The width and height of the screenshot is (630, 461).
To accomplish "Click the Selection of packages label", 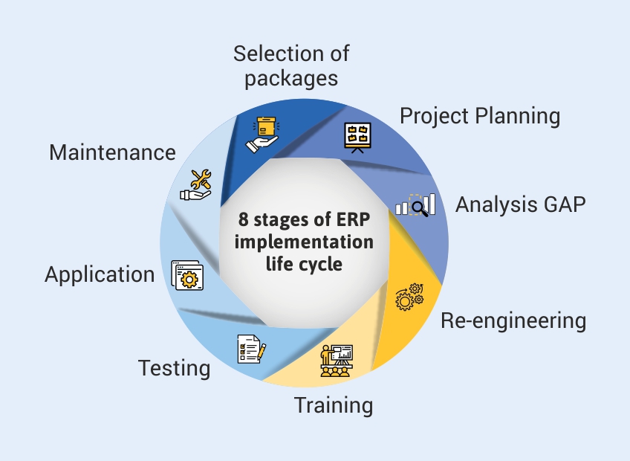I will click(291, 65).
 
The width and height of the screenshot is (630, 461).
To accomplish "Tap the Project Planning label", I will click(480, 116).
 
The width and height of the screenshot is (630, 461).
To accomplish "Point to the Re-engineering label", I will click(513, 320).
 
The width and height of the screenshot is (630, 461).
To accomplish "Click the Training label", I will click(334, 405).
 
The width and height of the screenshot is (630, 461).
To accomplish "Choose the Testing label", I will click(175, 367).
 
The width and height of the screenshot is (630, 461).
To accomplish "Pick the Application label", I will click(100, 274).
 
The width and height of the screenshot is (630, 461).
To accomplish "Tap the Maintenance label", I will click(112, 152).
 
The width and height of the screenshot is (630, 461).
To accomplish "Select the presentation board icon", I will click(358, 137).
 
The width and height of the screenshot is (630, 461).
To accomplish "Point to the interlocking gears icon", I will click(409, 297).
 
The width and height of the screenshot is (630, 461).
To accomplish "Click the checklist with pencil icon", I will click(251, 348).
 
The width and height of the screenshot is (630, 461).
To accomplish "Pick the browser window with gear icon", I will click(186, 274).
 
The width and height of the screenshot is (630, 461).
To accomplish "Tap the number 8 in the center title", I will click(243, 220).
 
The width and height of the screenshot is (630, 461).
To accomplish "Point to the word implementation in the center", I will click(305, 242).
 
